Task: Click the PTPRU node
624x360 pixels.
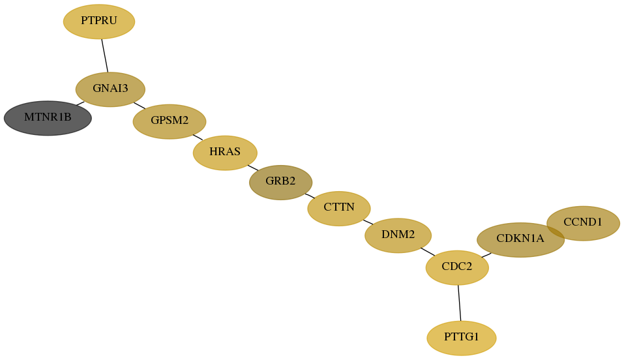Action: point(99,22)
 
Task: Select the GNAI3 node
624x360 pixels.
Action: point(110,89)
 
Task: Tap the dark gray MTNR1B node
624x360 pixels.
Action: point(48,118)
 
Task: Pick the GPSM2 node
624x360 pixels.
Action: point(170,121)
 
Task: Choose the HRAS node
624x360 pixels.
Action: point(225,153)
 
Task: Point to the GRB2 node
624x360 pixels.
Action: point(281,183)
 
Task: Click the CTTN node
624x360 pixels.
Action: point(339,208)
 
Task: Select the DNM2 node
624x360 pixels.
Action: point(398,235)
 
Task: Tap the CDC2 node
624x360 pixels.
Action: point(457,267)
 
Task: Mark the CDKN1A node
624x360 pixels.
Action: point(520,240)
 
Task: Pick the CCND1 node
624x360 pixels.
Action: point(584,223)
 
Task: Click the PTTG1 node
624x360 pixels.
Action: point(462,338)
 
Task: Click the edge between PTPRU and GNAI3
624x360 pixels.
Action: point(105,55)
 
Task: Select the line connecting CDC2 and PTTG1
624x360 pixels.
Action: point(459,303)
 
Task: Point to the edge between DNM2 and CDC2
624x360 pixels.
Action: point(428,252)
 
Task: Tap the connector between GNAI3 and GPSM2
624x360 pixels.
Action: point(140,106)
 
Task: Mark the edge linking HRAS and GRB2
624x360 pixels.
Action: point(253,168)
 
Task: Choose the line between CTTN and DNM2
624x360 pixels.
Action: point(368,222)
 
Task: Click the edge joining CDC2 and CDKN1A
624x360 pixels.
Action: point(486,255)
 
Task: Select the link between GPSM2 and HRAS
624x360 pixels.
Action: point(198,138)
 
